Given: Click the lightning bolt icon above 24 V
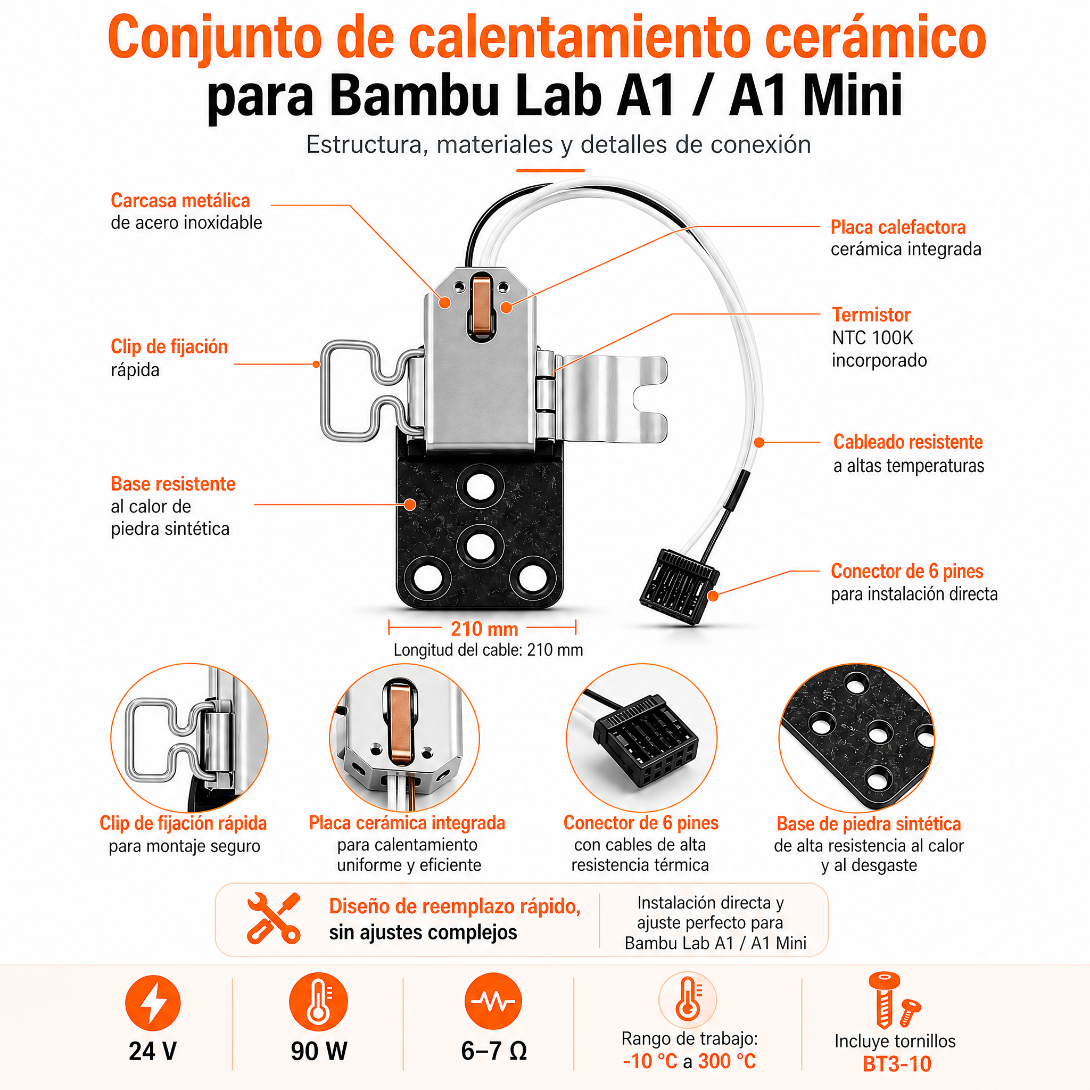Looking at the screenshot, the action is (153, 1003).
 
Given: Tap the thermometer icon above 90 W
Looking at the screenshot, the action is (319, 1002).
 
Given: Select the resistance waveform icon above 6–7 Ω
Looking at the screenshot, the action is (493, 1002).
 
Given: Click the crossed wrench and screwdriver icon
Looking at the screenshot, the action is (274, 918).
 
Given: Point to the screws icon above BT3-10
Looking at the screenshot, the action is (893, 1000).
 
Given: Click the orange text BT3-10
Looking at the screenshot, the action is (896, 1064).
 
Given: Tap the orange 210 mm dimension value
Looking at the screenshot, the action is (484, 629).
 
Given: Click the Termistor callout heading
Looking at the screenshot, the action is (871, 315).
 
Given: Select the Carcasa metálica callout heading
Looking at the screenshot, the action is (180, 200).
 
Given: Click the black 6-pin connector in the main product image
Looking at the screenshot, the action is (679, 587).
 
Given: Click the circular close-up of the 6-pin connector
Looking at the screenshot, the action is (641, 738).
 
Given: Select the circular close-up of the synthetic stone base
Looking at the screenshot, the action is (856, 738).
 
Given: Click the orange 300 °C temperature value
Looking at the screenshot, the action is (726, 1061).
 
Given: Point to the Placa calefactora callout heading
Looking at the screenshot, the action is (898, 227).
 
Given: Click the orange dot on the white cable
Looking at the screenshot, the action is (759, 443).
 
